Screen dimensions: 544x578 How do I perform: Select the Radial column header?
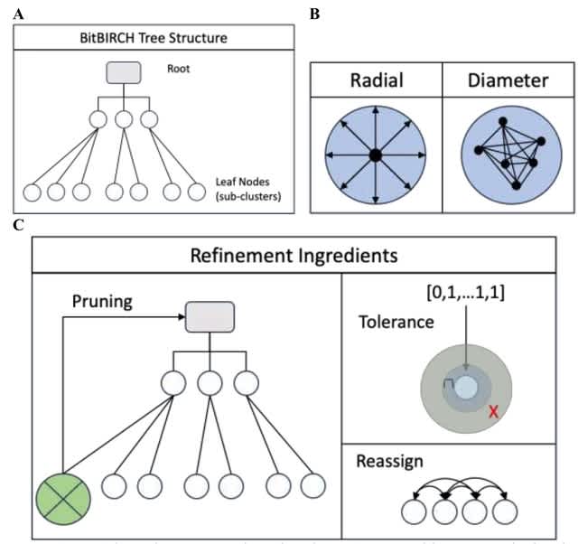(377, 81)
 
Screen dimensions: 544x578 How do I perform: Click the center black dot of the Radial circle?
(376, 155)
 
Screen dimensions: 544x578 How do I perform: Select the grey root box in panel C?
(210, 316)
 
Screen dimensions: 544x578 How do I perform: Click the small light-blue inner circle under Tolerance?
(466, 387)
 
